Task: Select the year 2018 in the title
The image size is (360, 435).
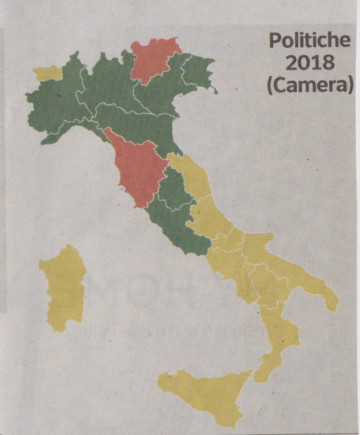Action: click(x=310, y=62)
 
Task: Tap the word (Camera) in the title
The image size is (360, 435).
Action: click(x=310, y=85)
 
